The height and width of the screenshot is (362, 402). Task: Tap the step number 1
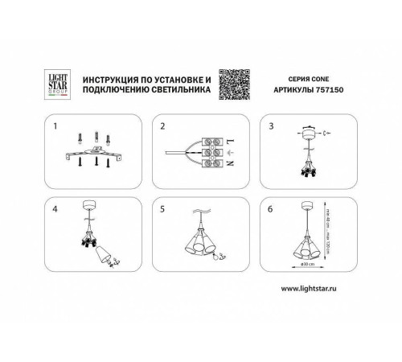click(x=55, y=127)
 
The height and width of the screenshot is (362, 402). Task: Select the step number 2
click(x=162, y=127)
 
